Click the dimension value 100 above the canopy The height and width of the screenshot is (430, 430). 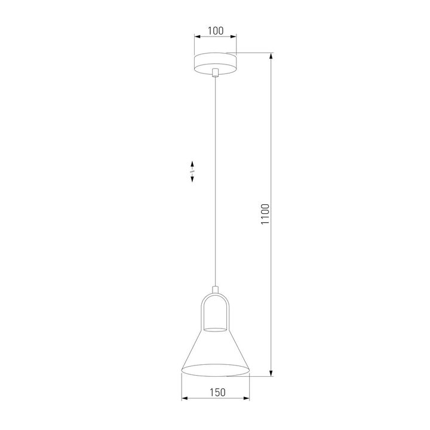point(215,29)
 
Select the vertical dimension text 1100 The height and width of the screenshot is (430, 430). point(265,215)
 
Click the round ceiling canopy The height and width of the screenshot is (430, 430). point(215,63)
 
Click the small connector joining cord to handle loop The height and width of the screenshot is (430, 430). point(215,289)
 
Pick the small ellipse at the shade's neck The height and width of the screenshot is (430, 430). point(215,328)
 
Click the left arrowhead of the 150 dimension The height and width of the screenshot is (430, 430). point(183,400)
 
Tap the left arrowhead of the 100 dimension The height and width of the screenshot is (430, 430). point(196,38)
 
